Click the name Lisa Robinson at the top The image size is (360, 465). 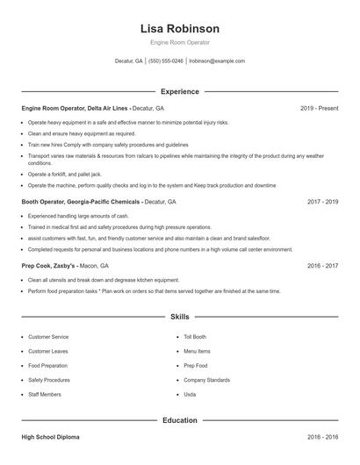click(x=180, y=28)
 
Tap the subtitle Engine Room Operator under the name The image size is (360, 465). click(x=180, y=42)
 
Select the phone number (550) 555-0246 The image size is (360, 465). click(x=166, y=61)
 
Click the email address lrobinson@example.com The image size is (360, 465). click(x=217, y=61)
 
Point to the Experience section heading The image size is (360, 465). click(x=180, y=91)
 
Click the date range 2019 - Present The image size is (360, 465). click(x=319, y=108)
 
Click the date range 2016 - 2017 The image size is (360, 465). click(x=322, y=265)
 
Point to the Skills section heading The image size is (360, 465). click(x=180, y=318)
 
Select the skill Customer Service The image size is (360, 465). click(x=48, y=337)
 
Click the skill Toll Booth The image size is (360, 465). click(x=195, y=337)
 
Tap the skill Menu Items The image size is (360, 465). click(x=197, y=351)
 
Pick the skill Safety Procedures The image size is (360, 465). click(x=49, y=380)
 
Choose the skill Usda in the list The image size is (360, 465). click(x=190, y=395)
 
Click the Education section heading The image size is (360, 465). click(x=180, y=420)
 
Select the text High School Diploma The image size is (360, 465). click(x=52, y=436)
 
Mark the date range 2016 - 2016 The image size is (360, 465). click(x=322, y=436)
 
